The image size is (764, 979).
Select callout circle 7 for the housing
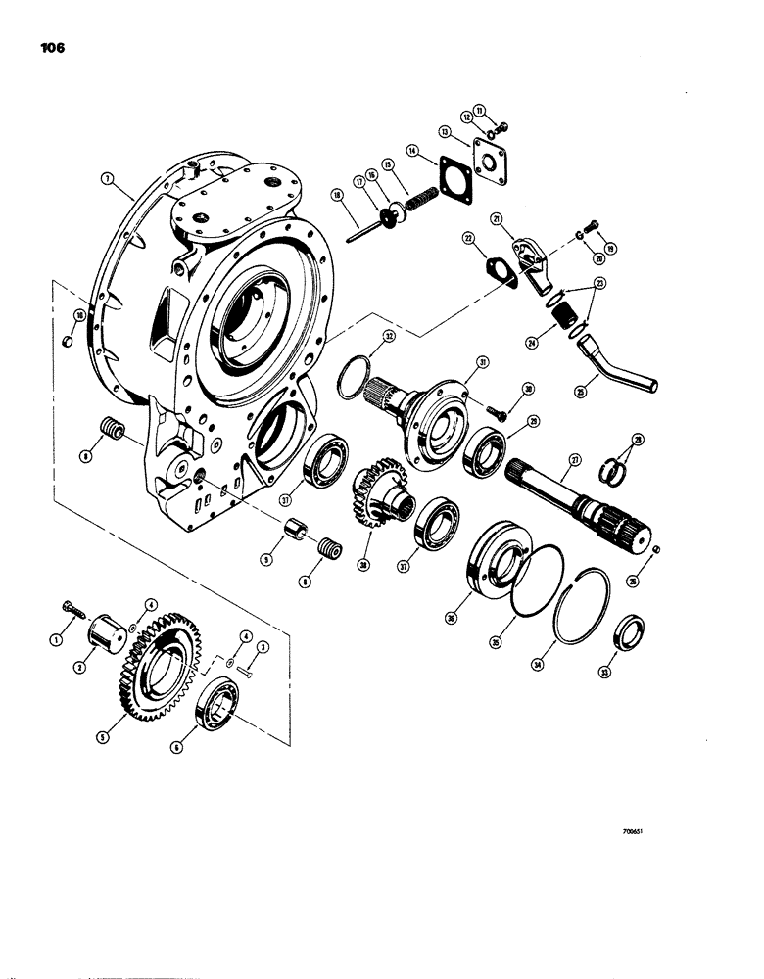click(108, 178)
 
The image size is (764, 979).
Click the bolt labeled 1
click(69, 615)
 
